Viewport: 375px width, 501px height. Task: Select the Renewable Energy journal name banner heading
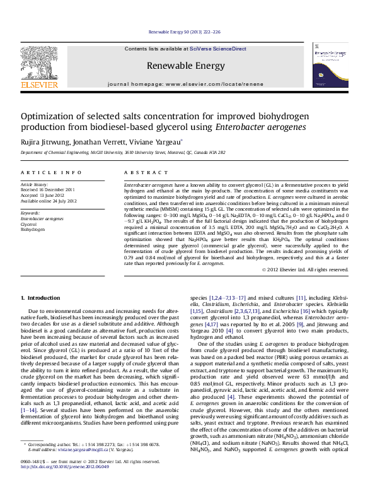(185, 66)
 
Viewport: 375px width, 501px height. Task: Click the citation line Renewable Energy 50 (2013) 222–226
(185, 32)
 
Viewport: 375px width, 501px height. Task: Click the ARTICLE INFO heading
(50, 172)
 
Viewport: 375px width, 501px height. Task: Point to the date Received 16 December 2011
(48, 189)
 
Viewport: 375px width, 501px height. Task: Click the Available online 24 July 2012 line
(49, 199)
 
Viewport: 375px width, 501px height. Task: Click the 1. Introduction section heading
(41, 297)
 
